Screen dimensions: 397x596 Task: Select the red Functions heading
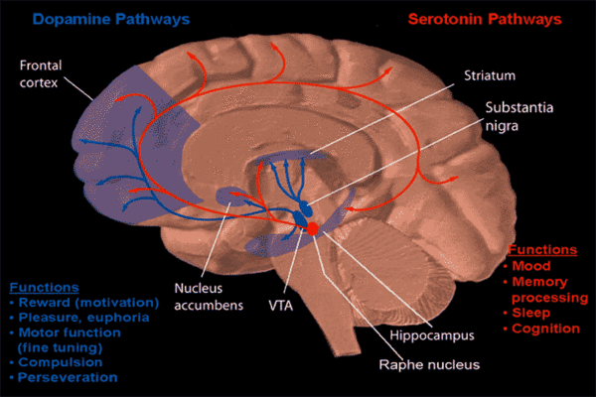[541, 250]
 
